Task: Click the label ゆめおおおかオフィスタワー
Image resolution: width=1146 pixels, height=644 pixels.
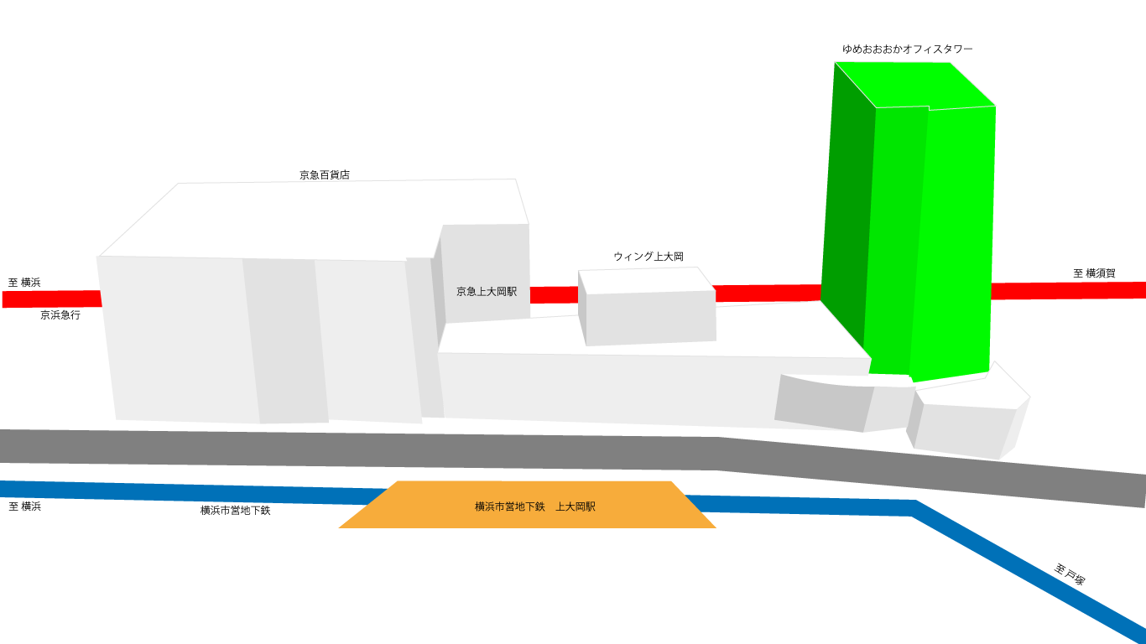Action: point(908,49)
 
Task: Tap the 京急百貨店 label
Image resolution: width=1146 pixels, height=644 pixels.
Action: point(325,175)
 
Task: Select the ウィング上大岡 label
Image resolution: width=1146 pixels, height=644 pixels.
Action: point(649,257)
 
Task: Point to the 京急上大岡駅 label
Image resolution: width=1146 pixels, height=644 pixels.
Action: point(487,292)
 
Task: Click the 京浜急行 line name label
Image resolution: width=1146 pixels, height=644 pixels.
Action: point(60,315)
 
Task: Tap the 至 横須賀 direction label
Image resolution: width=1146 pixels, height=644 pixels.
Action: point(1094,273)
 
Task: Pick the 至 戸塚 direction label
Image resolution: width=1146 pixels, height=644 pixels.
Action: point(1070,574)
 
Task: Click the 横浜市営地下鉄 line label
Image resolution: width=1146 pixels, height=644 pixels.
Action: point(235,510)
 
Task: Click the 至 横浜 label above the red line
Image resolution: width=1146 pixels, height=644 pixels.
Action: point(24,283)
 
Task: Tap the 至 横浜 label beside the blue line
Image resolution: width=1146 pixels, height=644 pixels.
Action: point(24,506)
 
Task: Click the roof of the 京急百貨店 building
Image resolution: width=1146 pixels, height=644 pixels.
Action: point(310,218)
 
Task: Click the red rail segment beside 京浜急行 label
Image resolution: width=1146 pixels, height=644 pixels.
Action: point(50,299)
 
